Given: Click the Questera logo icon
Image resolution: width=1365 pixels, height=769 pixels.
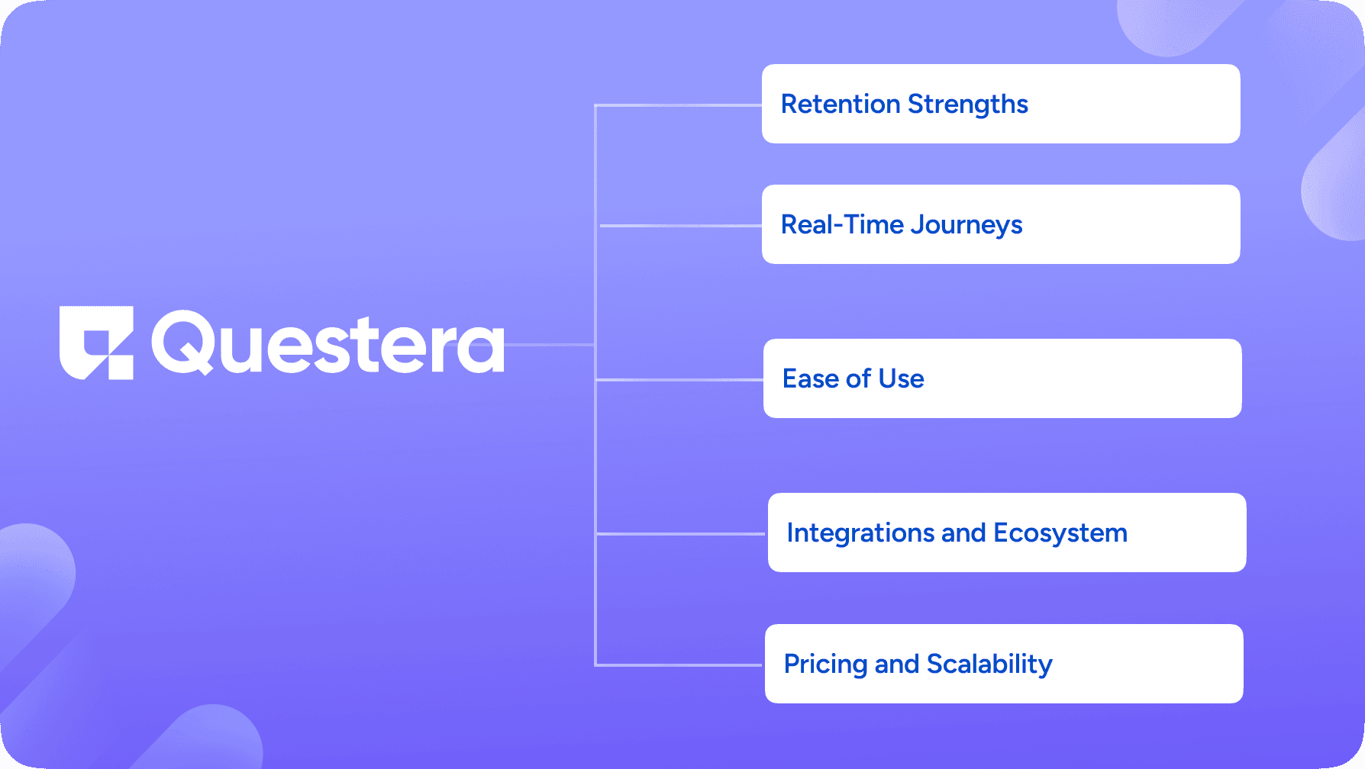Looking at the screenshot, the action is point(96,343).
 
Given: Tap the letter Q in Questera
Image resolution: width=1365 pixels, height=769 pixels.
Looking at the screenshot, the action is point(183,343).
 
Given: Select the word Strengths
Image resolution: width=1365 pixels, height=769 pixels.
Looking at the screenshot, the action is point(968,105).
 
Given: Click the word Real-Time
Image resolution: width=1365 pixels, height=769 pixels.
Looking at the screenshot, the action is point(843,224).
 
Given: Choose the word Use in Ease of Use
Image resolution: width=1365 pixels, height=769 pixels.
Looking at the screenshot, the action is point(901,378).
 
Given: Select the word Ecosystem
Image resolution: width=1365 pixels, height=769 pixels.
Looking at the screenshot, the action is point(1060,533).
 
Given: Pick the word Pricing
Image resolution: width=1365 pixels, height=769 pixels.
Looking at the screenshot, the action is point(825,664).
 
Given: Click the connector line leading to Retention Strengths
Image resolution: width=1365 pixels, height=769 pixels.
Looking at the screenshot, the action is point(679,105).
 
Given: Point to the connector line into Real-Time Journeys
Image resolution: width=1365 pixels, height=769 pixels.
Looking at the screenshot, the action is point(681,226).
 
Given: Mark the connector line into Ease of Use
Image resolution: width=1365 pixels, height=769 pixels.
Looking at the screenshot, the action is point(679,379).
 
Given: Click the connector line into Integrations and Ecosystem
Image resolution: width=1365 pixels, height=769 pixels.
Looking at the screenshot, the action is point(681,534).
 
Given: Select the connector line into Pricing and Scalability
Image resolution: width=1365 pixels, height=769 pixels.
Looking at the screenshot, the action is point(679,665).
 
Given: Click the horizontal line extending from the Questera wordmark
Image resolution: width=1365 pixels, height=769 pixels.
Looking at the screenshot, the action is point(550,345).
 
